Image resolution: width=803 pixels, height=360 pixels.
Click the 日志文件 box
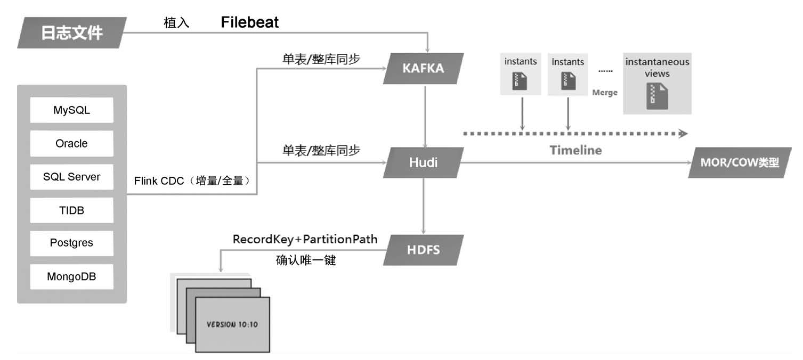tap(72, 33)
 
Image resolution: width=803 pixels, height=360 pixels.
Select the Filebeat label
tap(250, 22)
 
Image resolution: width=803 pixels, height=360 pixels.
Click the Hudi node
tap(424, 162)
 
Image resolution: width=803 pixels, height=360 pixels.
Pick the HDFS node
tap(424, 249)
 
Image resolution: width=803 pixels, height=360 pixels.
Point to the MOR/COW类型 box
tap(739, 162)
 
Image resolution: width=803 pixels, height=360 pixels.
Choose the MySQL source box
tap(71, 110)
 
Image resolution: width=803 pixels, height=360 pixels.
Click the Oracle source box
tap(71, 143)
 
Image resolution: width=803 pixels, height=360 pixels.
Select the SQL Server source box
tap(71, 177)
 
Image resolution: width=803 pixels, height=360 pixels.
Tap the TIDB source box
tap(71, 210)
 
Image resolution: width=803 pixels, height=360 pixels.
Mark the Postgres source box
tap(71, 243)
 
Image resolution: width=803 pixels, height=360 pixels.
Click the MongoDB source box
tap(71, 276)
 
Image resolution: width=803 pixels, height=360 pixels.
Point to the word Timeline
tap(575, 150)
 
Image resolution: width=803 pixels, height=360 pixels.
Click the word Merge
tap(605, 93)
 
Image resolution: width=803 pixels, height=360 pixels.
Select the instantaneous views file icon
tap(657, 96)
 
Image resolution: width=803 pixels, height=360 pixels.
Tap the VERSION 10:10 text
tap(232, 324)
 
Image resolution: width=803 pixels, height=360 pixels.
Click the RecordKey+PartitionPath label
tap(305, 239)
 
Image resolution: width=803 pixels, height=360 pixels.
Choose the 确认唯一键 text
tap(305, 260)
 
